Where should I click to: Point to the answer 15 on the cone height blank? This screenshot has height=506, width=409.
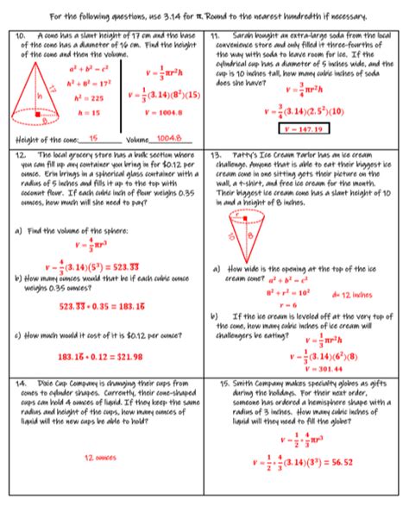pyautogui.click(x=93, y=138)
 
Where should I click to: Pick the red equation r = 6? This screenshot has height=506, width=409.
pyautogui.click(x=288, y=305)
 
